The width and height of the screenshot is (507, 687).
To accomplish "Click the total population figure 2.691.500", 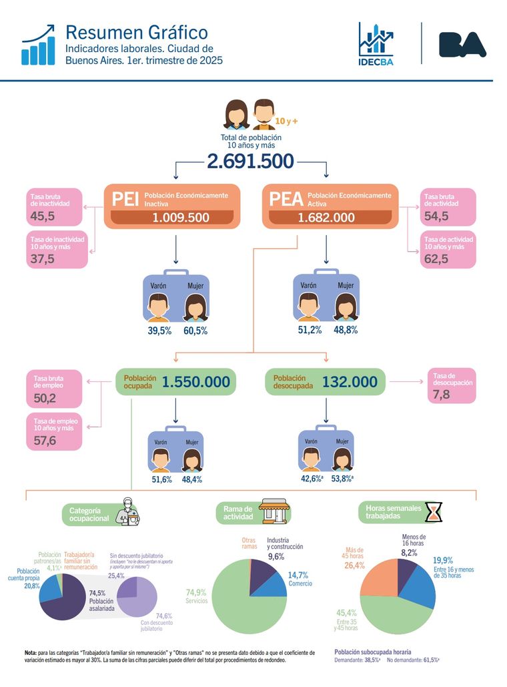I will point(250,161).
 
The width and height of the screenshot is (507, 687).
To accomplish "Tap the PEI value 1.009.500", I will point(180,218).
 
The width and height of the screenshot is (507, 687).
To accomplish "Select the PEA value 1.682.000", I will point(326,218).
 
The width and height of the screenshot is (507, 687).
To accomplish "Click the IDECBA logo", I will point(375,44).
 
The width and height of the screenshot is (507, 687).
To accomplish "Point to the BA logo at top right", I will point(462,44).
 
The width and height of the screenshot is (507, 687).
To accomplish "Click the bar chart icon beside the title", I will point(38,45).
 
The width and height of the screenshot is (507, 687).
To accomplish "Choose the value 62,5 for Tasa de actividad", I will point(436,259).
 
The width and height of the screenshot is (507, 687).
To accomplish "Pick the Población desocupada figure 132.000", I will point(350,382).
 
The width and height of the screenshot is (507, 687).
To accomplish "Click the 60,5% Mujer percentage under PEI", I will point(195,331).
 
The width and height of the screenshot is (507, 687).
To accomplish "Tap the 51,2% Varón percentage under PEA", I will point(311,330).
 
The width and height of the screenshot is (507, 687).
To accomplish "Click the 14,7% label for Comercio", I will point(298,575).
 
